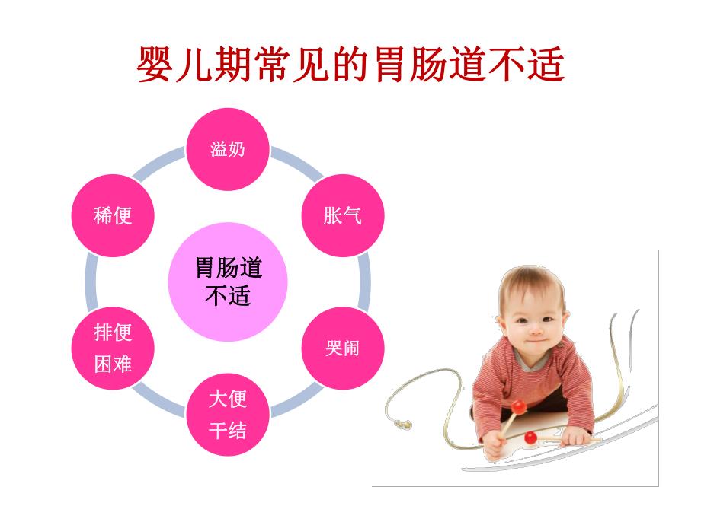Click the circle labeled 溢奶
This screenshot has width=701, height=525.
228,149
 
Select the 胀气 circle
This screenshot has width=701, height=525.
342,215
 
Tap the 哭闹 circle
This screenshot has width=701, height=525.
342,348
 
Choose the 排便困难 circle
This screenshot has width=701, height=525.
113,348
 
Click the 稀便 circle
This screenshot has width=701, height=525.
113,215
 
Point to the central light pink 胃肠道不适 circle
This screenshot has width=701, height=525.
228,282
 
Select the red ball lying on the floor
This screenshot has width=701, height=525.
530,437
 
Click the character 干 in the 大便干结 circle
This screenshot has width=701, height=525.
218,431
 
